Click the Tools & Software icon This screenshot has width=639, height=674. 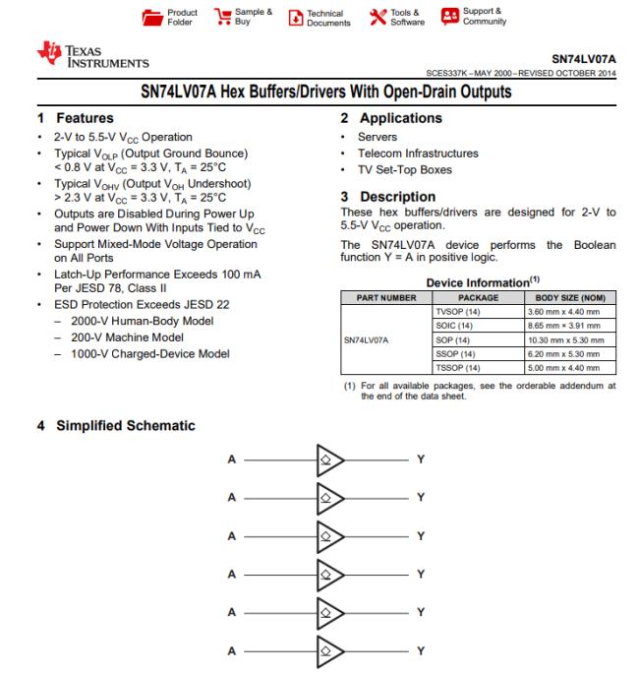coord(377,17)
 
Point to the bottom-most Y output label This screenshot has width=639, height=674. coord(420,650)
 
